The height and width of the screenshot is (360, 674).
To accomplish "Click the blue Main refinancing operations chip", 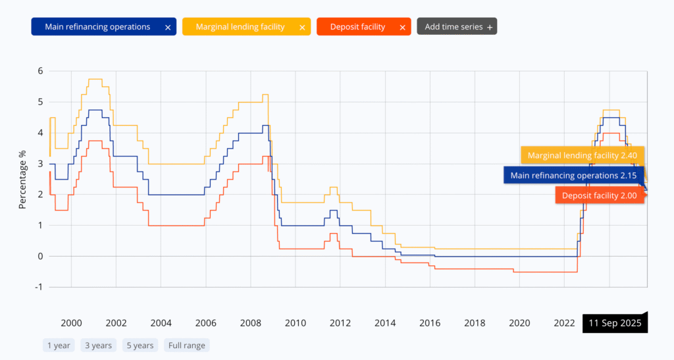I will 97,27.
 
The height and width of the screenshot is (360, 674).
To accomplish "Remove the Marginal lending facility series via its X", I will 302,28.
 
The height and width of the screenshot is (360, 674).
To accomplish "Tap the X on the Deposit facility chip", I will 403,28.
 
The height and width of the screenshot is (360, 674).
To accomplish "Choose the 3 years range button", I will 97,345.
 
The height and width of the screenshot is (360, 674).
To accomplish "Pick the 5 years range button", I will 140,345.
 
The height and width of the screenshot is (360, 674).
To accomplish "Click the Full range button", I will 187,345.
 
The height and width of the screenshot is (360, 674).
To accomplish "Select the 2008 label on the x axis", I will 250,323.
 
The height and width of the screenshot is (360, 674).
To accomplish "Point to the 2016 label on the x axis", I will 429,323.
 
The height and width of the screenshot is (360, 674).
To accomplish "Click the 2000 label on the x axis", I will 71,323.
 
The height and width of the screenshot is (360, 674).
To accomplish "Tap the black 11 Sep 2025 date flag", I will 615,324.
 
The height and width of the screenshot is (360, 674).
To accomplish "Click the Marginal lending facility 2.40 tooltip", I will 583,155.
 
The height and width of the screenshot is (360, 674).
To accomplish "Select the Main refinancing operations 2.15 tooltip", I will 574,175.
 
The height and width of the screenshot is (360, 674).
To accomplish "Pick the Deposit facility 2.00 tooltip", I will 599,195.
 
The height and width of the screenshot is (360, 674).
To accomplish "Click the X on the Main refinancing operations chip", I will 168,28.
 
